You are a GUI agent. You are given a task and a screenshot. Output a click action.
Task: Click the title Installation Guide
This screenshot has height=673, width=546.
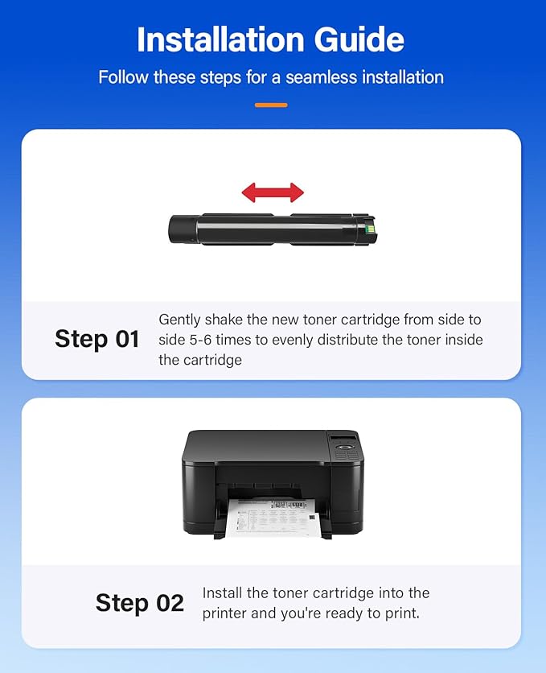point(271,39)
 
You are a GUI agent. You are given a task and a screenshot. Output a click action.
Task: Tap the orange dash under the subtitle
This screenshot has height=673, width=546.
point(271,105)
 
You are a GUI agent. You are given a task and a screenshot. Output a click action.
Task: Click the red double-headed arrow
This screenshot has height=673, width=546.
point(273,192)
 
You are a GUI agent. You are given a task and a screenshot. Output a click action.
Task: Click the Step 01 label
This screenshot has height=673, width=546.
point(97,339)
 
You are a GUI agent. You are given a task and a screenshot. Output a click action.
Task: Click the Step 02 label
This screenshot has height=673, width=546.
point(140,602)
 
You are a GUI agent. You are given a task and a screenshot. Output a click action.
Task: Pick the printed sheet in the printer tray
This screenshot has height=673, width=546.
point(273,515)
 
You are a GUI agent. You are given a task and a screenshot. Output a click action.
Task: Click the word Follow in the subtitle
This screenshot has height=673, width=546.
point(124,77)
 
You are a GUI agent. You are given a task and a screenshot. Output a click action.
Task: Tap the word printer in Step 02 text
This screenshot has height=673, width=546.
point(228,613)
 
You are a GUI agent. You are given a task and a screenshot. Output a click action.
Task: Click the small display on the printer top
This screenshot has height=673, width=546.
point(343,439)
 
